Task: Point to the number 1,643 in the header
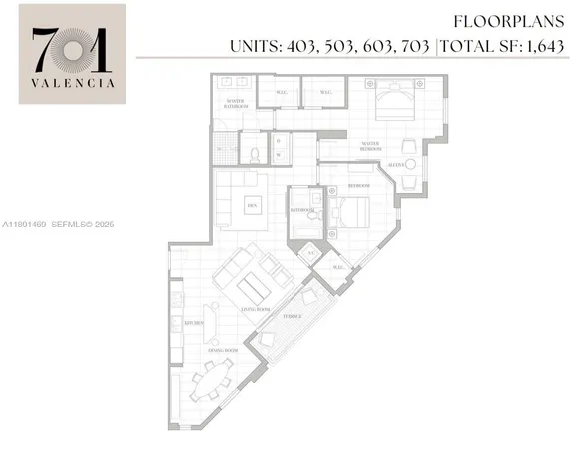tap(547, 46)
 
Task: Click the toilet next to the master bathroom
tap(255, 154)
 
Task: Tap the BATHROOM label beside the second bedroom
tap(301, 211)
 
